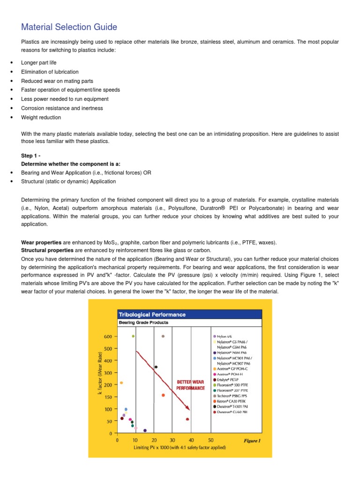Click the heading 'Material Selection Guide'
click(x=69, y=27)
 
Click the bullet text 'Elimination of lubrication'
click(x=50, y=72)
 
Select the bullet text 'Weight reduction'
click(x=41, y=117)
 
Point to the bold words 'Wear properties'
click(x=41, y=242)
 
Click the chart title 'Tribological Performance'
click(x=152, y=315)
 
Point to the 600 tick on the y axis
click(x=108, y=337)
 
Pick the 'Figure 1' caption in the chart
click(x=252, y=441)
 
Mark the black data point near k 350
click(x=156, y=367)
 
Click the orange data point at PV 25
click(x=163, y=395)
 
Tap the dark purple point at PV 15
click(x=145, y=430)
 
